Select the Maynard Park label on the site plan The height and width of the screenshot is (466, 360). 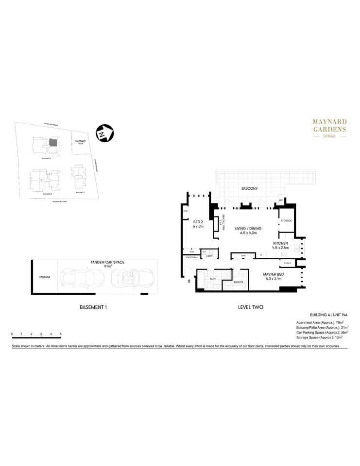[x=80, y=143]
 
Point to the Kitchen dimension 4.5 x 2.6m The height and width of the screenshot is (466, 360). [x=280, y=248]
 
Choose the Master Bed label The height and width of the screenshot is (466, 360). [x=273, y=274]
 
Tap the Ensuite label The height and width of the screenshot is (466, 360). [x=238, y=282]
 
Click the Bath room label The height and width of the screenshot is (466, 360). [x=212, y=279]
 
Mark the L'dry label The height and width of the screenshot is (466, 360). [x=209, y=256]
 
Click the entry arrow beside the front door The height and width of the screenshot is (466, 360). [x=189, y=280]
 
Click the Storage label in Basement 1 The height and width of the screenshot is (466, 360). [x=45, y=277]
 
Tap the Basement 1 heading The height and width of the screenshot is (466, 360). [x=93, y=307]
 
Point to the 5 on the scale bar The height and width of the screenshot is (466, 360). [x=61, y=334]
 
